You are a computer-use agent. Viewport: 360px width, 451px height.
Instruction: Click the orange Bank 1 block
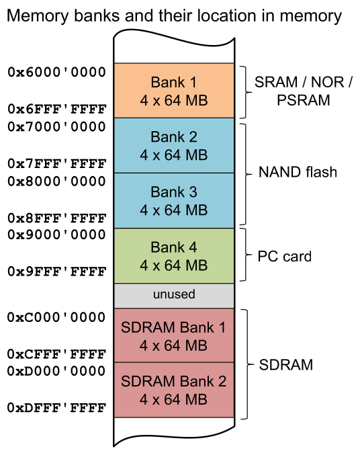click(173, 91)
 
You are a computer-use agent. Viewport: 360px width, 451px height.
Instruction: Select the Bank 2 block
click(173, 146)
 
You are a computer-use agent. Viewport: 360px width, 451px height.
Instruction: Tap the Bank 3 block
click(173, 200)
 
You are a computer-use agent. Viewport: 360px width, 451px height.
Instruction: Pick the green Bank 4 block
click(173, 255)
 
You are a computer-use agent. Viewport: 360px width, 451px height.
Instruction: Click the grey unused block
click(173, 295)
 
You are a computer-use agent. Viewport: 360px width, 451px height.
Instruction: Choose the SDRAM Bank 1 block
click(173, 335)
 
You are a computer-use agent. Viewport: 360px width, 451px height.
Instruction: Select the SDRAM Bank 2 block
click(173, 390)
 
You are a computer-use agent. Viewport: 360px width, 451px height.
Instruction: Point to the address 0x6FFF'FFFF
click(56, 109)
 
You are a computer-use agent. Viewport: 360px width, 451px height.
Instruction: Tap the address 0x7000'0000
click(56, 126)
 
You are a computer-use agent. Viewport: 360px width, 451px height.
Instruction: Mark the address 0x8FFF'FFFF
click(56, 218)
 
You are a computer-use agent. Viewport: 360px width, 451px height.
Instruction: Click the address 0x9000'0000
click(56, 235)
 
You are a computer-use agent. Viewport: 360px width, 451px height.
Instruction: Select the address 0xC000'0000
click(56, 317)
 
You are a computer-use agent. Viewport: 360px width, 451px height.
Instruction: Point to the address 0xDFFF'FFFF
click(56, 407)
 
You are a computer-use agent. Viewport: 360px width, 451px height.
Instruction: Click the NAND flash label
click(298, 173)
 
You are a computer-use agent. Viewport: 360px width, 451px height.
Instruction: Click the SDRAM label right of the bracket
click(286, 366)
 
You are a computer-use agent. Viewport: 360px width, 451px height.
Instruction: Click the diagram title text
click(174, 15)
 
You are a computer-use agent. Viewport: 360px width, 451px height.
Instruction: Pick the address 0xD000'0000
click(56, 371)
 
